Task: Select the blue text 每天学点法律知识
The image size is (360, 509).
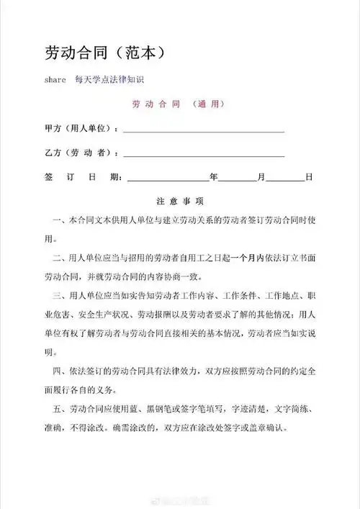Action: [115, 80]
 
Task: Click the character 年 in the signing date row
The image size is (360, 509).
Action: [213, 177]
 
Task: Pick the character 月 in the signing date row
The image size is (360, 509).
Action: [261, 177]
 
